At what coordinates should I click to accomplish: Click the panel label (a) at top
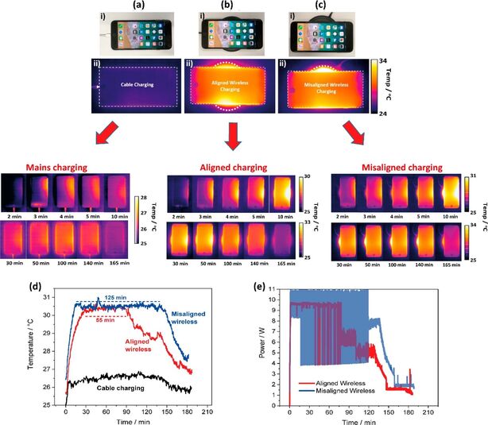[131, 7]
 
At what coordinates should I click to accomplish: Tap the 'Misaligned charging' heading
[389, 168]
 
